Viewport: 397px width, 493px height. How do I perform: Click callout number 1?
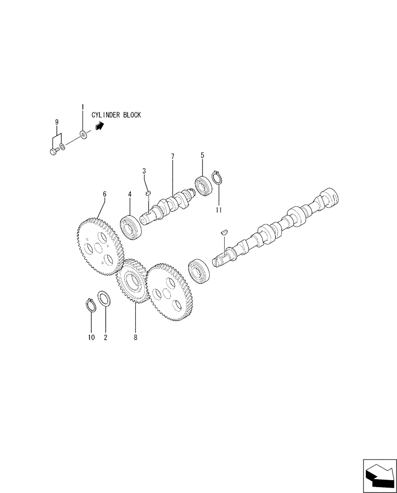82,106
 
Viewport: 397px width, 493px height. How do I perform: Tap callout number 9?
57,122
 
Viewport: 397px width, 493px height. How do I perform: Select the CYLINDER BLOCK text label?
116,115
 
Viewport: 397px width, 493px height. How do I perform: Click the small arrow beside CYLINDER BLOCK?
99,127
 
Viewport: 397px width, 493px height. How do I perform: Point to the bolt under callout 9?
54,151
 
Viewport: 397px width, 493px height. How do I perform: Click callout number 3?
144,171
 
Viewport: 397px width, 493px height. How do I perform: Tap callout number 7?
173,157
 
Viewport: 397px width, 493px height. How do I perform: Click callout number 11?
219,210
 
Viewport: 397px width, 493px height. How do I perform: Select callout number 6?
104,194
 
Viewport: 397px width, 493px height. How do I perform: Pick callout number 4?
130,195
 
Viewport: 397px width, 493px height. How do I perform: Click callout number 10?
91,337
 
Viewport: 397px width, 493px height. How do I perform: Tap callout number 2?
105,337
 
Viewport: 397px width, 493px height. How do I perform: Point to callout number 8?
136,337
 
